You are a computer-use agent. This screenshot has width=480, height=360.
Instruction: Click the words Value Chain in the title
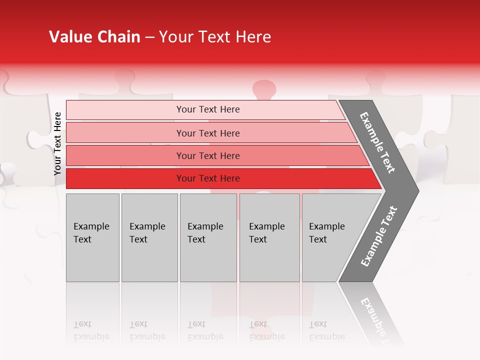point(94,37)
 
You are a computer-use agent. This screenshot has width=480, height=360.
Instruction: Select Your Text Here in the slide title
point(215,37)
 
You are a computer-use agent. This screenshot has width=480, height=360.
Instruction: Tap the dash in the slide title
point(149,37)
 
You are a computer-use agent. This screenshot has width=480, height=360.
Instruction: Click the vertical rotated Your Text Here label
point(57,143)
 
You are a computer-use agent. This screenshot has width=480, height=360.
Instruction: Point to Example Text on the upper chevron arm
point(377,142)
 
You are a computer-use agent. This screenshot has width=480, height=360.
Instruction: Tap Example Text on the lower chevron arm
point(378,236)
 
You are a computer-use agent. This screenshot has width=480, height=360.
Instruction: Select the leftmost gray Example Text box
point(92,237)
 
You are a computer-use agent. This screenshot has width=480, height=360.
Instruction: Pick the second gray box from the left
point(149,237)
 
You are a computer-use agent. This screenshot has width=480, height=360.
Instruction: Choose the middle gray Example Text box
point(208,237)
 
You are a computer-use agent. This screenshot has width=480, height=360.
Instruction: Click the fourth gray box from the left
point(269,237)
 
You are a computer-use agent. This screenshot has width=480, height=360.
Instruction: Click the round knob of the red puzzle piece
point(264,90)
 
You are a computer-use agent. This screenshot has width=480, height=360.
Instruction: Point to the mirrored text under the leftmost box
point(91,330)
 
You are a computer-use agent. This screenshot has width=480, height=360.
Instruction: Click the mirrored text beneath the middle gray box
point(205,330)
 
